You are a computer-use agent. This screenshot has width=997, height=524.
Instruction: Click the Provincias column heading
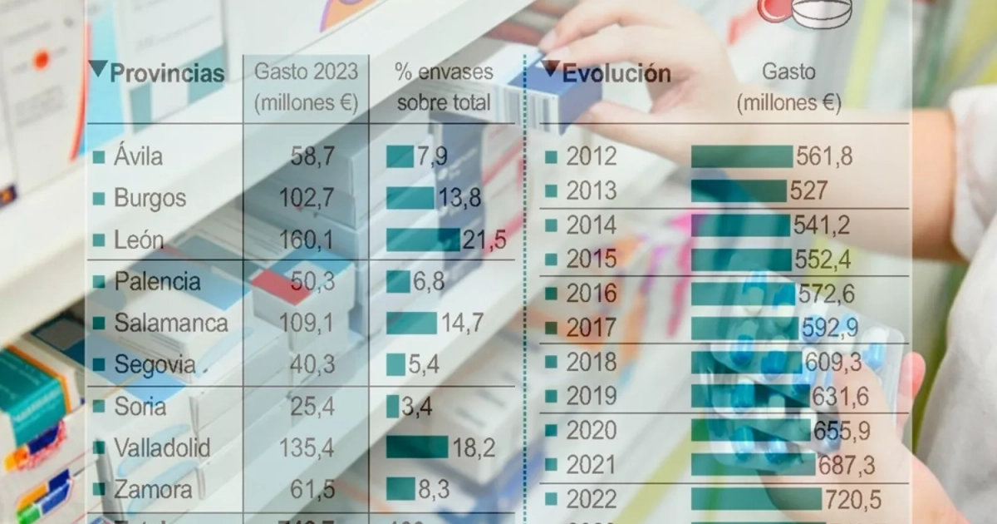[x=167, y=73]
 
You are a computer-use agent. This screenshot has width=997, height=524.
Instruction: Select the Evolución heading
[x=616, y=73]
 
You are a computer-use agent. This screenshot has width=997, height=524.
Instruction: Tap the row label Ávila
[x=139, y=156]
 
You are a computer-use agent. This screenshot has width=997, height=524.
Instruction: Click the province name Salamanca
[x=171, y=323]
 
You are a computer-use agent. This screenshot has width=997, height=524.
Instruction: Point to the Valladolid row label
[x=162, y=447]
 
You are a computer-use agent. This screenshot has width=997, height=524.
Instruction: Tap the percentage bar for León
[x=423, y=240]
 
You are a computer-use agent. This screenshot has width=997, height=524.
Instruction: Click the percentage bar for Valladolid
[x=417, y=447]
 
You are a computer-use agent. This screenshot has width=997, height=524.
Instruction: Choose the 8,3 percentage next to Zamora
[x=434, y=489]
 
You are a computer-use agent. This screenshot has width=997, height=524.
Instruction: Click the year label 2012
[x=592, y=156]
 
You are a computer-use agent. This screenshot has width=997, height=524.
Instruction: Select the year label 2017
[x=592, y=328]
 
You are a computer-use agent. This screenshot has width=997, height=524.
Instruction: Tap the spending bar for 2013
[x=738, y=191]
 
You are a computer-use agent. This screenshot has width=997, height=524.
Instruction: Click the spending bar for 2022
[x=756, y=499]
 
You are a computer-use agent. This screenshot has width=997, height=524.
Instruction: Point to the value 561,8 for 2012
[x=824, y=156]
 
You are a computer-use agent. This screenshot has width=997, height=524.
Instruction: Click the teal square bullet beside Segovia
[x=99, y=364]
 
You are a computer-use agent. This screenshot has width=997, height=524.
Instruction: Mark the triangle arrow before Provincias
[x=98, y=69]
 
